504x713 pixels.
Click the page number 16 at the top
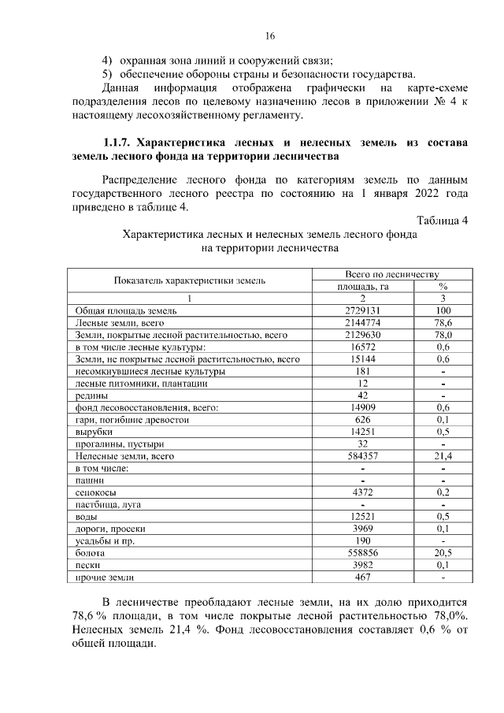pos(270,37)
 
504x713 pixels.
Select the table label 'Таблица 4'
pos(443,220)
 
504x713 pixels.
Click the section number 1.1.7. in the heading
pos(117,143)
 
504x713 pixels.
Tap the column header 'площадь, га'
pos(363,287)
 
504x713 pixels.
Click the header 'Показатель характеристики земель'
pos(189,280)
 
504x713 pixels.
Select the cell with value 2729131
pos(363,311)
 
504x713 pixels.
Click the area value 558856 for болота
pos(363,553)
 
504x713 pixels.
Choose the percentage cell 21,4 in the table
pos(443,456)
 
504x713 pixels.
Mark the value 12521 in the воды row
pos(363,517)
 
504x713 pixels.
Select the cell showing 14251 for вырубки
pos(363,432)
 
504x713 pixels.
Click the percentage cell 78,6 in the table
pos(443,323)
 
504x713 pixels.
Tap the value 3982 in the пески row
pos(363,565)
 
